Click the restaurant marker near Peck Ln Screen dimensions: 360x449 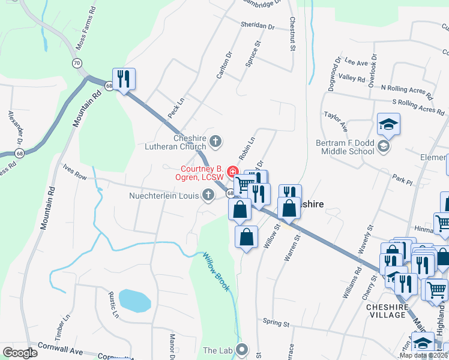pyautogui.click(x=124, y=79)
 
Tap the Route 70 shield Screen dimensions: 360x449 pyautogui.click(x=76, y=63)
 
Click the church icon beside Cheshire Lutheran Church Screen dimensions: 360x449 pyautogui.click(x=215, y=142)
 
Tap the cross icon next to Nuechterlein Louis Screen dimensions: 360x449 pyautogui.click(x=208, y=194)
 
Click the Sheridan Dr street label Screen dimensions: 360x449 pyautogui.click(x=258, y=27)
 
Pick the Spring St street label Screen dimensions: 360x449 pyautogui.click(x=276, y=323)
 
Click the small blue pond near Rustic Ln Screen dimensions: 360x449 pyautogui.click(x=134, y=300)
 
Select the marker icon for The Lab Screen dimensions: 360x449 pyautogui.click(x=243, y=350)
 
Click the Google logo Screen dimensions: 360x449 pyautogui.click(x=20, y=353)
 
